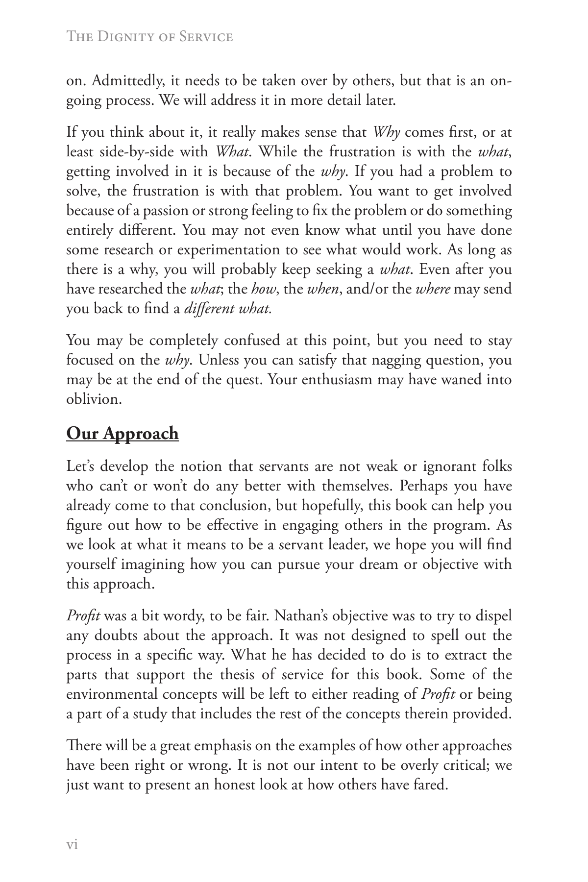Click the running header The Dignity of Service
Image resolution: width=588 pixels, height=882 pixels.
tap(149, 37)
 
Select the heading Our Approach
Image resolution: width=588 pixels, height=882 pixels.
tap(122, 434)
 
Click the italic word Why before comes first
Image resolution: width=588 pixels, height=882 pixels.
tap(387, 132)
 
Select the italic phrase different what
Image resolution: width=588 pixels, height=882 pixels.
tap(228, 309)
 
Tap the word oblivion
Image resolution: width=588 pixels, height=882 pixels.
tap(94, 399)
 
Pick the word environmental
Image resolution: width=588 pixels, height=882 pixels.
tap(112, 694)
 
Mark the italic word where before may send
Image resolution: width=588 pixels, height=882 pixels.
tap(433, 289)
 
